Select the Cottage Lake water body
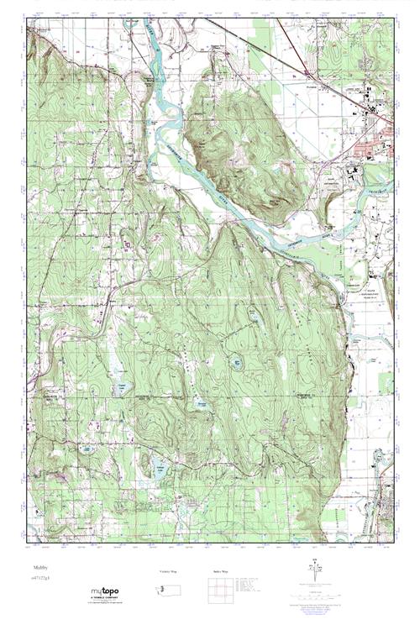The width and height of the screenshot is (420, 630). (160, 469)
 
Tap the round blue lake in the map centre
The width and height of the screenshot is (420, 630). (238, 363)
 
